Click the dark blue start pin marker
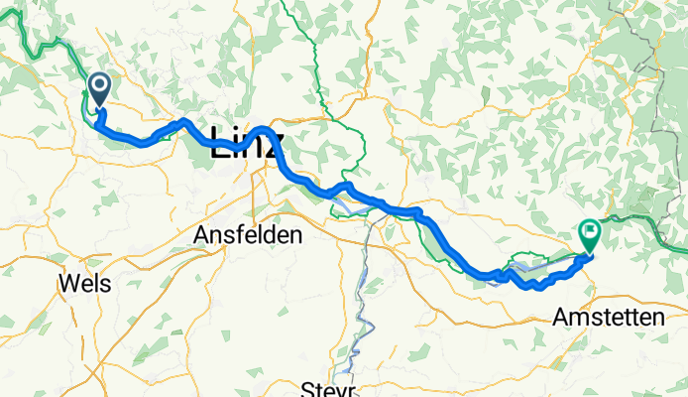100,90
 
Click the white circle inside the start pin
100,85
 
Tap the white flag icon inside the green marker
589,232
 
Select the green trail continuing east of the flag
634,219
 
